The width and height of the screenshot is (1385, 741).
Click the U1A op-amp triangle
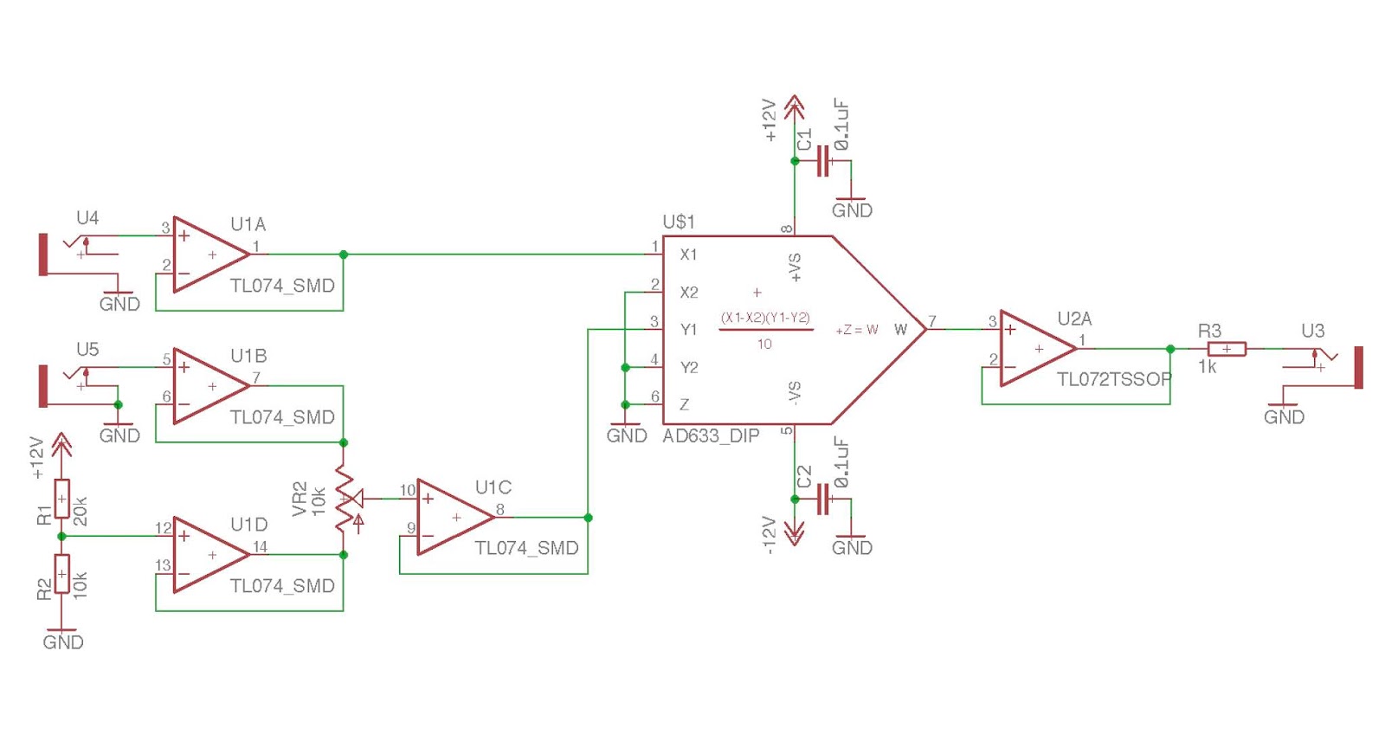click(208, 255)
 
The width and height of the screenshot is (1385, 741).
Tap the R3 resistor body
click(1227, 349)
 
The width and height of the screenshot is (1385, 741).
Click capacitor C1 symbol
click(823, 162)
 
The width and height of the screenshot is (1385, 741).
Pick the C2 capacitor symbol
click(823, 499)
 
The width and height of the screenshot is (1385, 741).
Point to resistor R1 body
click(61, 499)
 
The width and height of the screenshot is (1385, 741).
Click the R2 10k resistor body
click(61, 574)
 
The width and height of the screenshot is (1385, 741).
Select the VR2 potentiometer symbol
click(345, 499)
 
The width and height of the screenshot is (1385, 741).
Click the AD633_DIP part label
click(711, 436)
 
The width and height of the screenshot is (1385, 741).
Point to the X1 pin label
click(688, 255)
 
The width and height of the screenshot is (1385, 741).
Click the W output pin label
click(900, 330)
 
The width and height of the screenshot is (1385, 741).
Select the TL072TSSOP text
click(1113, 379)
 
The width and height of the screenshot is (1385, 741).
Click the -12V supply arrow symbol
click(794, 533)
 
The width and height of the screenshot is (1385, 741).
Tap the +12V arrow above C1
click(794, 108)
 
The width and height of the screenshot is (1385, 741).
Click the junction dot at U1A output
click(344, 255)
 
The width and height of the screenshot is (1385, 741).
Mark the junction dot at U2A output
click(1170, 349)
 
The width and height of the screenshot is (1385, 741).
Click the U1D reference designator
click(248, 525)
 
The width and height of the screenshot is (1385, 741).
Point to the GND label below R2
click(62, 642)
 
